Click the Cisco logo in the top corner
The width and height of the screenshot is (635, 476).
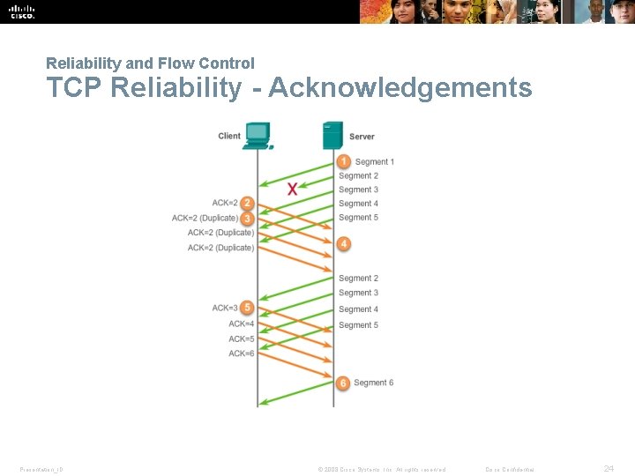pyautogui.click(x=22, y=11)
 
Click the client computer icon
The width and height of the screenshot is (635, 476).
pyautogui.click(x=258, y=135)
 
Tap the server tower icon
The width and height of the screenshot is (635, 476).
pyautogui.click(x=332, y=135)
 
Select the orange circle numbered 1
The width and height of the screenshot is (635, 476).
pyautogui.click(x=343, y=161)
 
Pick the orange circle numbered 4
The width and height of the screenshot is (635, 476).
pyautogui.click(x=343, y=242)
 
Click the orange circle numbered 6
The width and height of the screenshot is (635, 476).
pyautogui.click(x=343, y=383)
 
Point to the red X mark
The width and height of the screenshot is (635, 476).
pyautogui.click(x=292, y=188)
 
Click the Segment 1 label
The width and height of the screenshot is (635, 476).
pyautogui.click(x=374, y=162)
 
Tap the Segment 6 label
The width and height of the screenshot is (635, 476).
pyautogui.click(x=374, y=383)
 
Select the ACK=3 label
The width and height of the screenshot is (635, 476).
pyautogui.click(x=225, y=308)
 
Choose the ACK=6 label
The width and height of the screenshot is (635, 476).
pyautogui.click(x=242, y=353)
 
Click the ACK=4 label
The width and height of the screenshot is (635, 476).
pyautogui.click(x=242, y=324)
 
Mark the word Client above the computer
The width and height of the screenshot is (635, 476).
pyautogui.click(x=229, y=136)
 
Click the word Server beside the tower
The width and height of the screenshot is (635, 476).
pyautogui.click(x=362, y=137)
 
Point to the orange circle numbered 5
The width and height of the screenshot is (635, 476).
pyautogui.click(x=247, y=308)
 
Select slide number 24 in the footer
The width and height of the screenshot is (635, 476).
pyautogui.click(x=609, y=469)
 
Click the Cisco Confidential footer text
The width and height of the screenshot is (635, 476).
pyautogui.click(x=510, y=470)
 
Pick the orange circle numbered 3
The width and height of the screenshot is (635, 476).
pyautogui.click(x=247, y=218)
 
